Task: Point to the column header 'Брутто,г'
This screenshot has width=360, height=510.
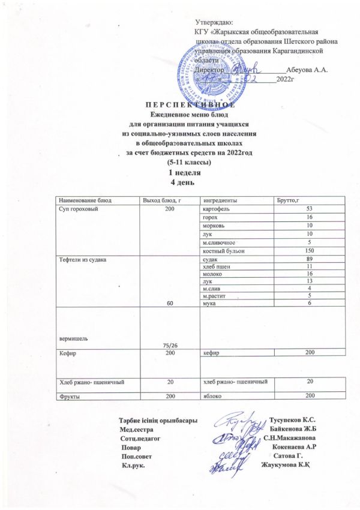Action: click(x=288, y=199)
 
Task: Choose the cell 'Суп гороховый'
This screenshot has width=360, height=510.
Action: click(x=76, y=208)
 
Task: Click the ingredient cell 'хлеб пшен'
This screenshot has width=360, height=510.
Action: click(x=217, y=266)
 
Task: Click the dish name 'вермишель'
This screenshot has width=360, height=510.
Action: click(x=73, y=338)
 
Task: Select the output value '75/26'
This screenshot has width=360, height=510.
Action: click(x=170, y=344)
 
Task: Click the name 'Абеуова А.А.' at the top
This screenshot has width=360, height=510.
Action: click(x=307, y=70)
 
